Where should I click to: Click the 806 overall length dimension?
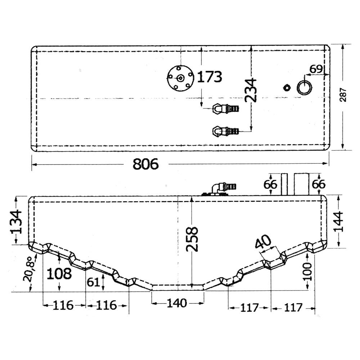pos(145,164)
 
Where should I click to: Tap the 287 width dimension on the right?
pos(343,95)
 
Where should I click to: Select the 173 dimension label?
pos(210,77)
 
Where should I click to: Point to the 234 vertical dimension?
pos(250,90)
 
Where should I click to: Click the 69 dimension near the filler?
pos(316,69)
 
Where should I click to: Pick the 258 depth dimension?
pos(192,239)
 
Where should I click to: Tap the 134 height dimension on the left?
pos(16,222)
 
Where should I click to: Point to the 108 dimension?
pos(59,274)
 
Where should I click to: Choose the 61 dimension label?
pos(94,282)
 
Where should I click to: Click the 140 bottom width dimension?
pos(177,303)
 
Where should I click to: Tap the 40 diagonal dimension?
pos(264,242)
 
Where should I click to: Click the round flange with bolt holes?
pos(181,78)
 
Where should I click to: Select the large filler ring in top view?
pos(305,88)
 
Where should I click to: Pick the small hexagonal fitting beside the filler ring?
pos(286,87)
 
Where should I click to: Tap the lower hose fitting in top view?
pos(226,131)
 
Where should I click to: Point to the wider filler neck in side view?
pos(302,184)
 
